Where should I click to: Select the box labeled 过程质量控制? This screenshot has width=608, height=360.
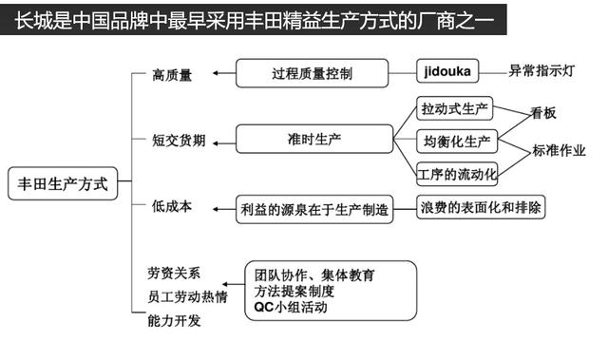click(313, 72)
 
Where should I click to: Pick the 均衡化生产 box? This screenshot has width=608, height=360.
click(457, 142)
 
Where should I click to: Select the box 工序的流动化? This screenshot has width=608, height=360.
click(457, 174)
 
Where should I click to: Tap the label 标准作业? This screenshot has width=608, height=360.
click(559, 150)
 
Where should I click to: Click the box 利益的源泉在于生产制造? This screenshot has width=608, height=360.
click(314, 209)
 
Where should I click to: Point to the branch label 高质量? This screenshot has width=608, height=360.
click(172, 75)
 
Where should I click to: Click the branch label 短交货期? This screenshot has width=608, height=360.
click(178, 141)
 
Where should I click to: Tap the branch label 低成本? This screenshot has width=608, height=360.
click(172, 206)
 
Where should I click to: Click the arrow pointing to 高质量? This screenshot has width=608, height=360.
click(221, 73)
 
